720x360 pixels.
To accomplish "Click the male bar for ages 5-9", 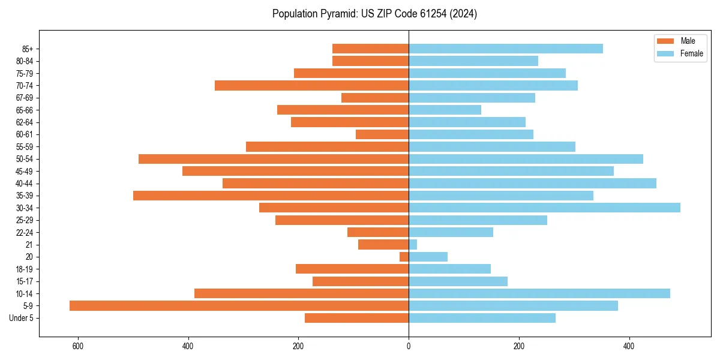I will [x=239, y=306].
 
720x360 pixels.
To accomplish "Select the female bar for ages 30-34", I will [x=544, y=208].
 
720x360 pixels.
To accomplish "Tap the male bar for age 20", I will [x=404, y=257].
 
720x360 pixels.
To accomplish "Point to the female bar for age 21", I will [x=413, y=245].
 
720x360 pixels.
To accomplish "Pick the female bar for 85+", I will [x=506, y=49].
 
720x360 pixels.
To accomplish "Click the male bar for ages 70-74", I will [x=311, y=86].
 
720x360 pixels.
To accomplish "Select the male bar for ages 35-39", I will [x=271, y=196].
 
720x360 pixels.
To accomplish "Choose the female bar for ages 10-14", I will [x=539, y=293].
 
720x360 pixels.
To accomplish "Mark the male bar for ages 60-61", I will [x=382, y=134].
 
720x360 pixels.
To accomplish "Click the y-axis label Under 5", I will [x=21, y=318].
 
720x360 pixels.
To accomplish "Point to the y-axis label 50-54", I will [x=25, y=159].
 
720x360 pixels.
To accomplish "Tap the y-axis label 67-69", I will [x=25, y=98].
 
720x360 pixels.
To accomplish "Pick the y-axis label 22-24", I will [x=25, y=232].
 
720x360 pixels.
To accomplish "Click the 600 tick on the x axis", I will [x=78, y=346].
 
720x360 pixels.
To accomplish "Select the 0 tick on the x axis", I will [x=409, y=346].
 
